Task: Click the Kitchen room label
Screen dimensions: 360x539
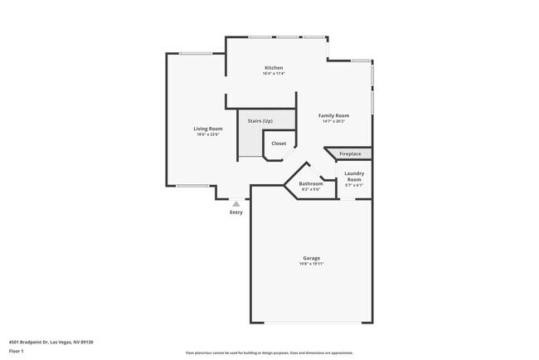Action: [274, 68]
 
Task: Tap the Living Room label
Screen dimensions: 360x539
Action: [208, 129]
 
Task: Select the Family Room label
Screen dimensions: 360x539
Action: [335, 115]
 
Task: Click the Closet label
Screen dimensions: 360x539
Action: [279, 144]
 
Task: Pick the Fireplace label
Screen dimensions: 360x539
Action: [350, 153]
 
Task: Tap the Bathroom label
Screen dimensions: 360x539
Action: [311, 183]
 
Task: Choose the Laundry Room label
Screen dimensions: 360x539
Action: [354, 177]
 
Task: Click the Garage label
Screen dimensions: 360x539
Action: [311, 258]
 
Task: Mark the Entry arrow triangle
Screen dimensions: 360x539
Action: [236, 202]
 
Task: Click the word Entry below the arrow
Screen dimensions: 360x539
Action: [236, 213]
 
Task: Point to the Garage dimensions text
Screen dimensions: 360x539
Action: [311, 264]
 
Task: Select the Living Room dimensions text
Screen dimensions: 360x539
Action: [208, 134]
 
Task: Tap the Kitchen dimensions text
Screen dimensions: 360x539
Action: [274, 74]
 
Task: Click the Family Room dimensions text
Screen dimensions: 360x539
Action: [335, 121]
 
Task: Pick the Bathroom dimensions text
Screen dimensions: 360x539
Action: [311, 189]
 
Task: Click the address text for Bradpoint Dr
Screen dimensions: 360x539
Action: [51, 341]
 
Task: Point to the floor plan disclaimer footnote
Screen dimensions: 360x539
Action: [269, 353]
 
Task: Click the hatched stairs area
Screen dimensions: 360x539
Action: [250, 141]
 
